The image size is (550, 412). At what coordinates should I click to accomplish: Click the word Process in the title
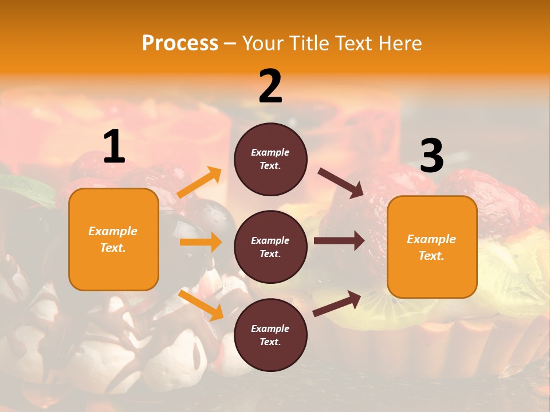click(180, 43)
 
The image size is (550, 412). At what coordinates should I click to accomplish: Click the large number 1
click(114, 147)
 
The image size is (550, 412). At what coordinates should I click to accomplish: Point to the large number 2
click(270, 86)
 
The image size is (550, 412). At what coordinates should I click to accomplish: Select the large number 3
click(431, 156)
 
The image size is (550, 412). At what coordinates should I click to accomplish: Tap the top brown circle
click(270, 159)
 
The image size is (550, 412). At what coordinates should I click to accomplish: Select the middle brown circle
click(270, 247)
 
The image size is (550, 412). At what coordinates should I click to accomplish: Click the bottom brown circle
click(270, 335)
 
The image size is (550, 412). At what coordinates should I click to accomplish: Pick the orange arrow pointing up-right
click(199, 183)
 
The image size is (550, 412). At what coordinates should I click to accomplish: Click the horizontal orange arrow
click(201, 242)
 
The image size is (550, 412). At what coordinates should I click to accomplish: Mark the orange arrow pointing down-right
click(201, 304)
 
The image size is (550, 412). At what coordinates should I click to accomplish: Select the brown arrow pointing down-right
click(341, 183)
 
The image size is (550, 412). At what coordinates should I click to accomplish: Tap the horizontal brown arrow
click(339, 241)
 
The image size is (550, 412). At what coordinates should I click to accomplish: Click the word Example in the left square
click(113, 231)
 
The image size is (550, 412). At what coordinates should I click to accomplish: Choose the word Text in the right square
click(430, 256)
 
